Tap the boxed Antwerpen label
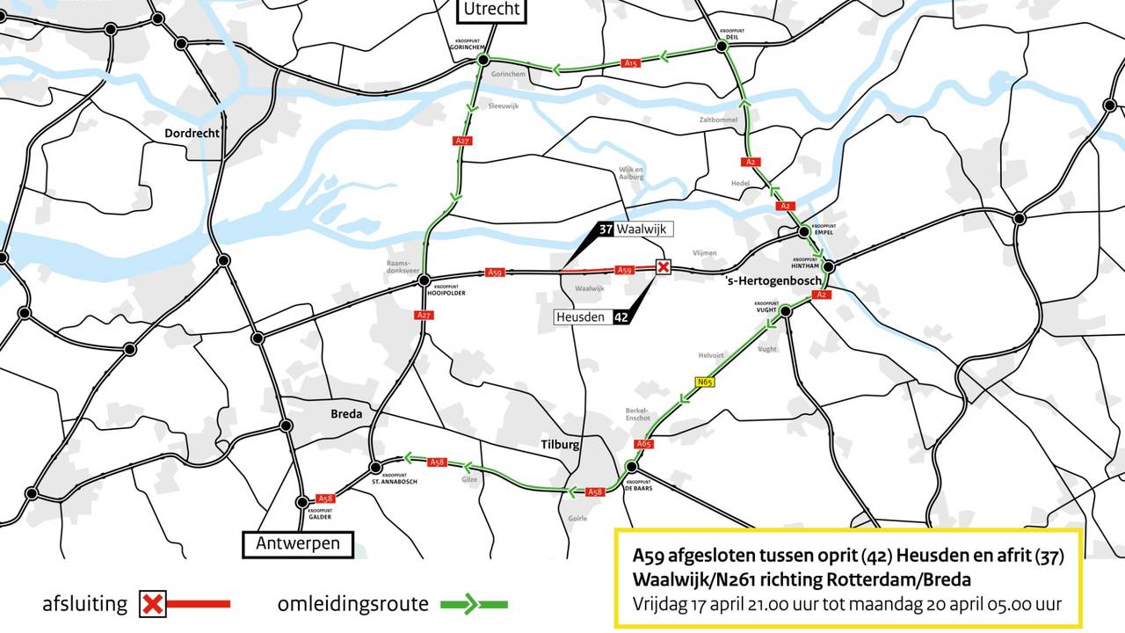297,544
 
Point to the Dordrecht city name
192,134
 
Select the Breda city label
346,414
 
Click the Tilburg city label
560,445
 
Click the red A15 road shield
630,63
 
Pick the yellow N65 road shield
703,382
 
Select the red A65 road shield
644,445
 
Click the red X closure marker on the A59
664,266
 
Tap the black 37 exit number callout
605,229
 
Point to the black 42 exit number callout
621,316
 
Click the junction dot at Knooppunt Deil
721,46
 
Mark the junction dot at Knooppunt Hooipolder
424,280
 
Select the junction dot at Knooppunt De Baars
631,466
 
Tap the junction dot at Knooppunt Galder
303,502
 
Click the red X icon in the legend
154,604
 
